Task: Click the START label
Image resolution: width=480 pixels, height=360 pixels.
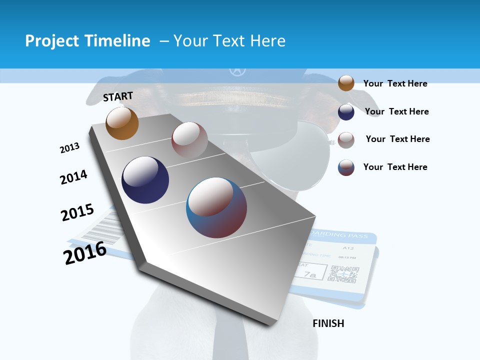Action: pyautogui.click(x=118, y=96)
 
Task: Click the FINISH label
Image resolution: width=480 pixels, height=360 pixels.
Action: pyautogui.click(x=328, y=323)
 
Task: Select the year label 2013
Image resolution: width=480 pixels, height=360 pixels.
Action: pyautogui.click(x=69, y=148)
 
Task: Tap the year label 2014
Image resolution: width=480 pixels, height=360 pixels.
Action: pyautogui.click(x=73, y=177)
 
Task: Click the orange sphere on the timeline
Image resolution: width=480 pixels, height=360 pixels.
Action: pyautogui.click(x=122, y=123)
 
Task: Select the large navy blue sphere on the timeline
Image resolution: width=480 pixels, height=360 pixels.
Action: pyautogui.click(x=145, y=180)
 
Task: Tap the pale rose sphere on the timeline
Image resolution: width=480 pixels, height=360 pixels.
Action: pyautogui.click(x=189, y=140)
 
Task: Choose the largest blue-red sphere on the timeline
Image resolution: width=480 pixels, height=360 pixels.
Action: pyautogui.click(x=216, y=207)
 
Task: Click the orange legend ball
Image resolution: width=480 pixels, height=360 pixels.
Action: pyautogui.click(x=346, y=83)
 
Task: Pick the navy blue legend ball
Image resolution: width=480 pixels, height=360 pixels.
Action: pyautogui.click(x=346, y=111)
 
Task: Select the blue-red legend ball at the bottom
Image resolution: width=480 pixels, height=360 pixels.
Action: pyautogui.click(x=346, y=167)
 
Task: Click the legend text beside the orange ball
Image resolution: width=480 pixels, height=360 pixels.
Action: pyautogui.click(x=395, y=83)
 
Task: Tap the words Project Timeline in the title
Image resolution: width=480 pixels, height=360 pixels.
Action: pyautogui.click(x=87, y=41)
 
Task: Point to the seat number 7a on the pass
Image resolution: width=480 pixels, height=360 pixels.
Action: pyautogui.click(x=311, y=274)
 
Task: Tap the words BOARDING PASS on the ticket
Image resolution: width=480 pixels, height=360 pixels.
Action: pyautogui.click(x=339, y=235)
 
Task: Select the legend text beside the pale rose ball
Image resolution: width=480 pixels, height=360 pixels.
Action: pyautogui.click(x=397, y=139)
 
